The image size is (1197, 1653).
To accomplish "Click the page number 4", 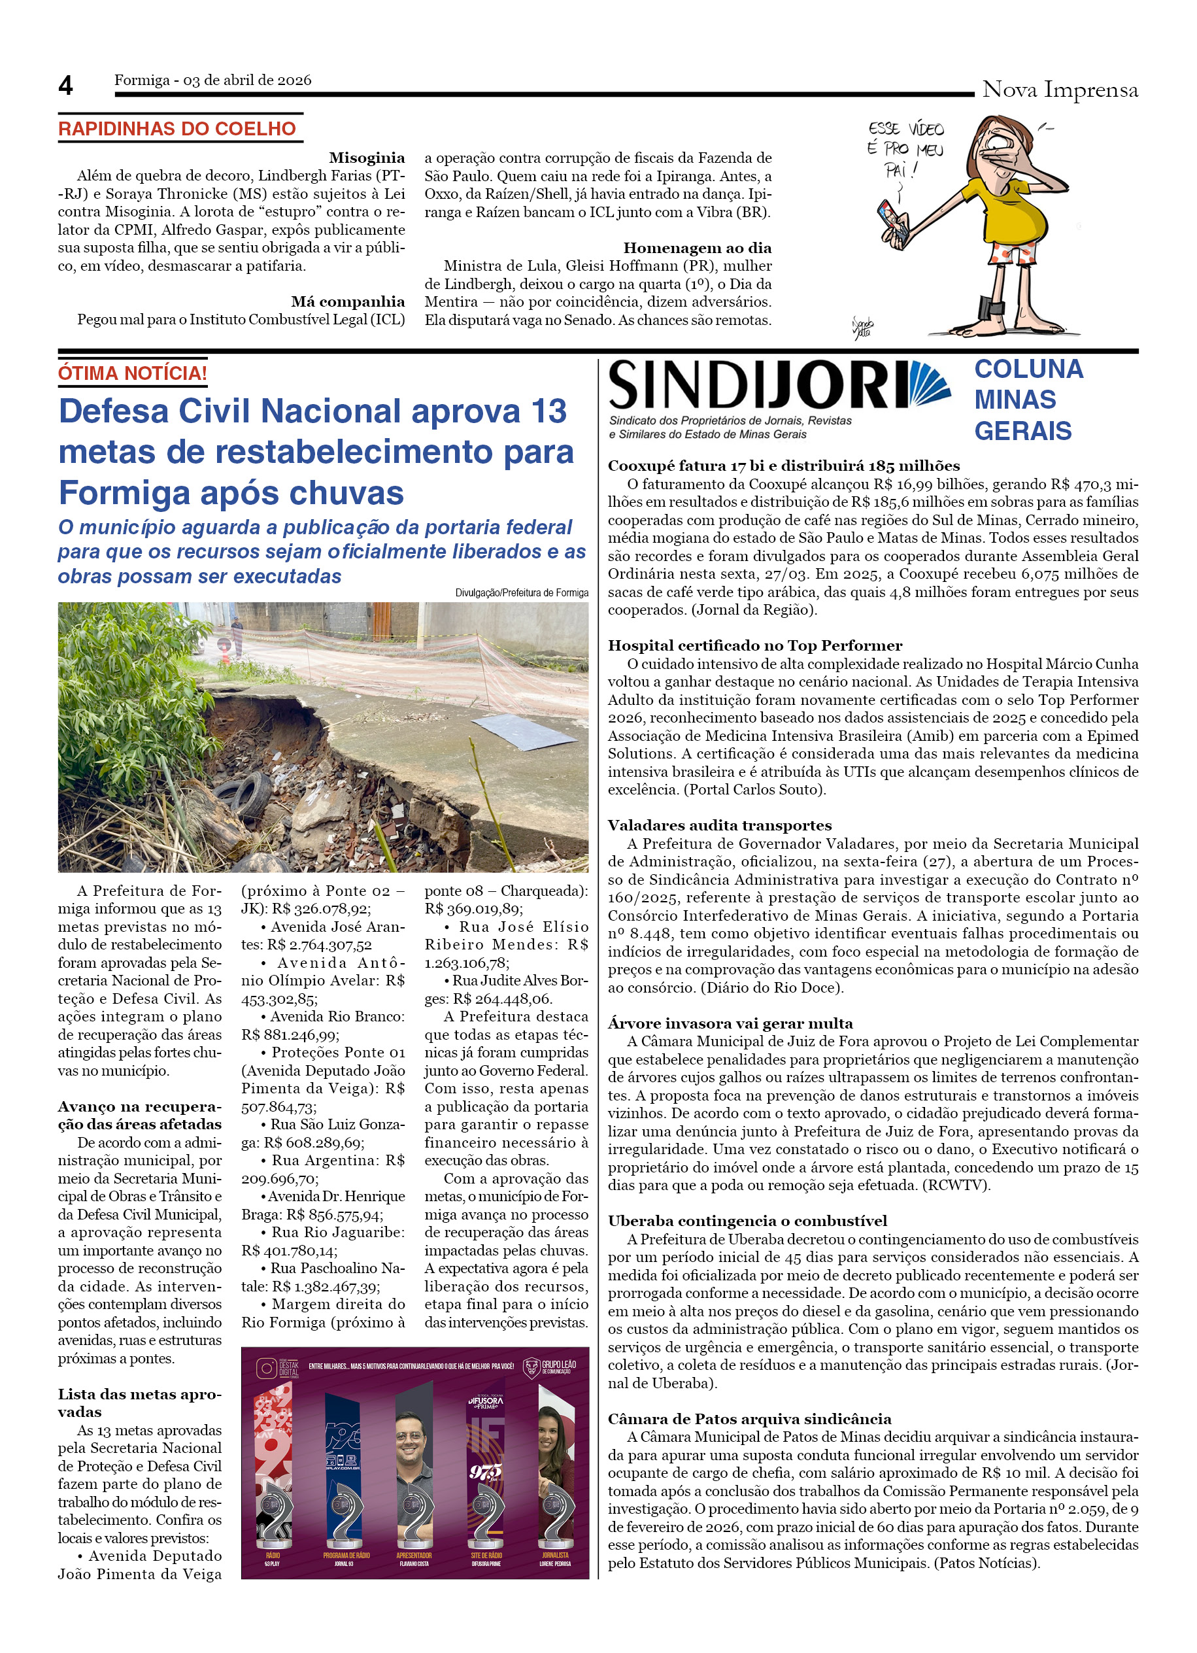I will tap(65, 86).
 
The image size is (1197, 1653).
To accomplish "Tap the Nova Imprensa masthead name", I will tap(1059, 90).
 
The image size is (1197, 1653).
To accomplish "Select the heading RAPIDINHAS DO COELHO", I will tap(177, 129).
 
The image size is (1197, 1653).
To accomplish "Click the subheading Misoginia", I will tap(367, 158).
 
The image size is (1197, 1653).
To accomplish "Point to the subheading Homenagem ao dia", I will tap(696, 248).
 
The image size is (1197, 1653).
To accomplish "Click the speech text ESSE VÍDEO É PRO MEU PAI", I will tap(905, 150).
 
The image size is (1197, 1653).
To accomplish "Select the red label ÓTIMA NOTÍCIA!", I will tap(133, 373).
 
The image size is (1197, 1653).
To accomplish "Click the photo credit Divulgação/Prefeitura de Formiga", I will tap(521, 592).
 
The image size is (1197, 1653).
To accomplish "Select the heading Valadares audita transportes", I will tap(719, 825).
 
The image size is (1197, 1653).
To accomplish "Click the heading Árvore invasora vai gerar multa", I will tap(730, 1023).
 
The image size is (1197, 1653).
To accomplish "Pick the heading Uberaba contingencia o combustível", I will tap(747, 1221).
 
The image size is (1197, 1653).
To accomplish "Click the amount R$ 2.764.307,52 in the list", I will tap(319, 945).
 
